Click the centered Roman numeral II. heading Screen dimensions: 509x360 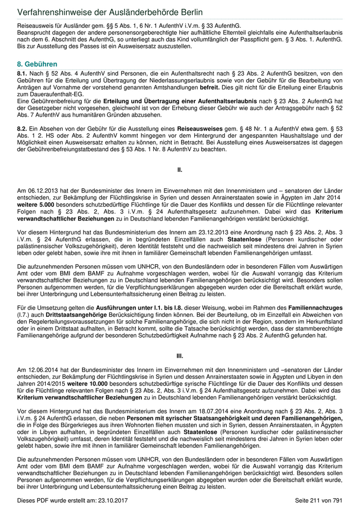[x=180, y=169]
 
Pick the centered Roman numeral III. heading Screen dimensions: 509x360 [x=180, y=355]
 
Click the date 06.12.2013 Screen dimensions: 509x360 [x=43, y=190]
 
